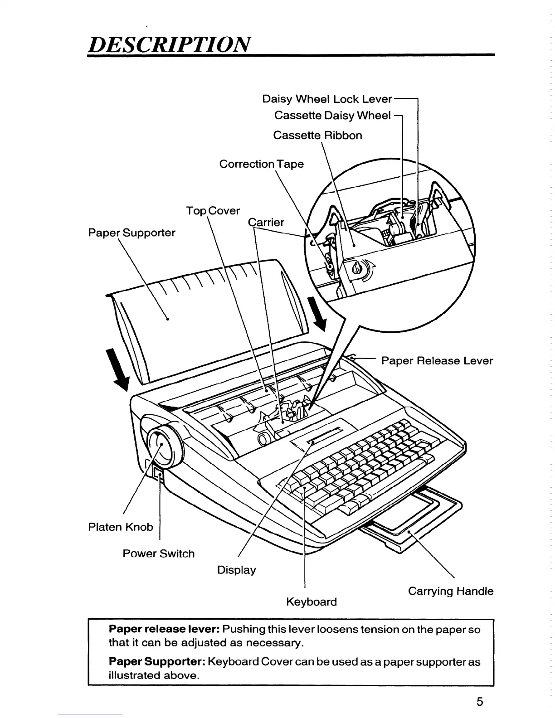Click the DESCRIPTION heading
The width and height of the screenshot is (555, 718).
[169, 44]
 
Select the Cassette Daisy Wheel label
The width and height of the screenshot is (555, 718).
[332, 116]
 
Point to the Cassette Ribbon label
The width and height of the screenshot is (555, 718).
[317, 136]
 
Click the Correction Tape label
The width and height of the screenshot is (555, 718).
[261, 164]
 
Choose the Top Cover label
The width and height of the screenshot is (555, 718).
[213, 211]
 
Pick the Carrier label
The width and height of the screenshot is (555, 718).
[266, 222]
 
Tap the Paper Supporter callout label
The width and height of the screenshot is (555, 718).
[131, 233]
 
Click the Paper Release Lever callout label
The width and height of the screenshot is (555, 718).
[437, 361]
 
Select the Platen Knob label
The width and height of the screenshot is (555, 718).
[120, 527]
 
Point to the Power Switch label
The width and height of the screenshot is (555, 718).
[158, 553]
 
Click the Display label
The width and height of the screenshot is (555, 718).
[236, 570]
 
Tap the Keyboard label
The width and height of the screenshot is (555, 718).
[312, 602]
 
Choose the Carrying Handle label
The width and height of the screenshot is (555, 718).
[450, 591]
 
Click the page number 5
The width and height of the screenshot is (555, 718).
[480, 702]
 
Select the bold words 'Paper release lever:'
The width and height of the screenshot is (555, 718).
[164, 630]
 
